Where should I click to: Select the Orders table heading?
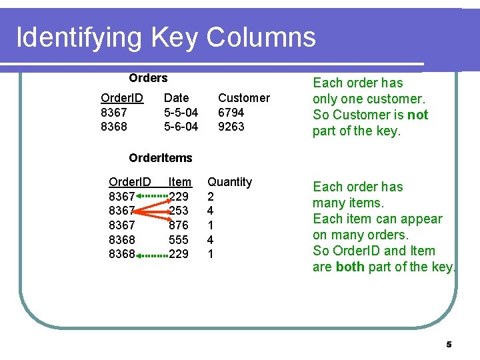click(148, 78)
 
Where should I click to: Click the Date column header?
click(177, 98)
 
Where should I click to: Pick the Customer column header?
click(244, 98)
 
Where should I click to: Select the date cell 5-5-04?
click(181, 113)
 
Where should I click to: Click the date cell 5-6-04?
click(181, 127)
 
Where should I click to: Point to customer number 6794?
click(231, 113)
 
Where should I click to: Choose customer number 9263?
click(231, 127)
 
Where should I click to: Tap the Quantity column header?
click(230, 182)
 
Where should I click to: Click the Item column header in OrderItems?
click(180, 182)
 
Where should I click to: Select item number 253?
click(179, 211)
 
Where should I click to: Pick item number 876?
click(179, 225)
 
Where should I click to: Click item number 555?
click(179, 239)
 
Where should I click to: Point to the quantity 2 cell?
click(211, 197)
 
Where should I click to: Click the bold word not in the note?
click(417, 115)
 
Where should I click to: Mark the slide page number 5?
click(449, 345)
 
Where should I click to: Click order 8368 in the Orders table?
click(113, 127)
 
